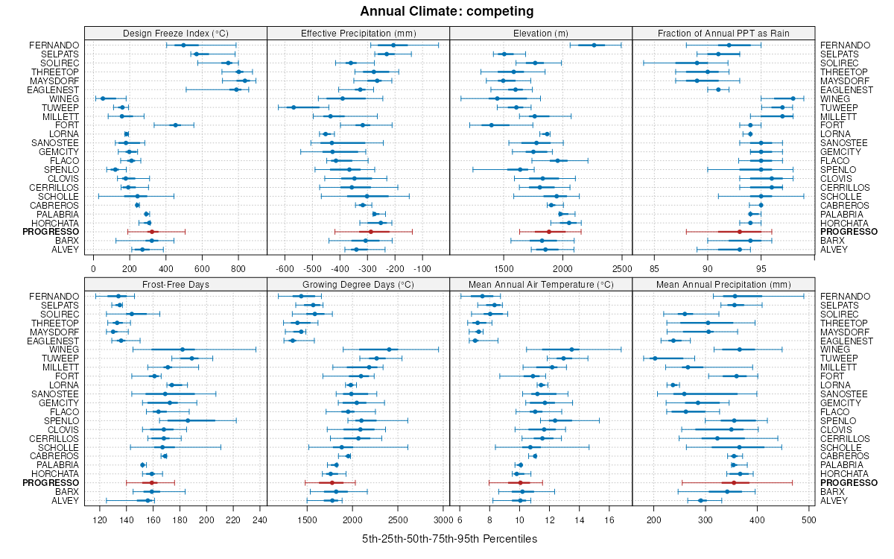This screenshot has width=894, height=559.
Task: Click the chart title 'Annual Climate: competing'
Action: (x=446, y=11)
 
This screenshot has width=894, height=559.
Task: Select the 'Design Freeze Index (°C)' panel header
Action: (x=175, y=33)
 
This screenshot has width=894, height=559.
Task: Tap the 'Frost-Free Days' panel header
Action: (x=175, y=284)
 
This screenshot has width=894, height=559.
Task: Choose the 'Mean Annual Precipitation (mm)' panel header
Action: (x=723, y=284)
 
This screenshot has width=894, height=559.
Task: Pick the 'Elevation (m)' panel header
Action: (x=541, y=33)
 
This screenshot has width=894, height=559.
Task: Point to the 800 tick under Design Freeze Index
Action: (x=238, y=268)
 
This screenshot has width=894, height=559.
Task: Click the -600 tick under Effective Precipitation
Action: (x=285, y=268)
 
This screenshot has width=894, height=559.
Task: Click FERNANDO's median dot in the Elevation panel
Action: (x=594, y=45)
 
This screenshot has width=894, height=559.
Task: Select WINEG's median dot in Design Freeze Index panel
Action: (x=103, y=98)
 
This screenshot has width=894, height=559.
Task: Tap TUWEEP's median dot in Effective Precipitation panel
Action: (x=294, y=107)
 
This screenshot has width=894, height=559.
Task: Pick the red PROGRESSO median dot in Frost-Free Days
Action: (x=154, y=483)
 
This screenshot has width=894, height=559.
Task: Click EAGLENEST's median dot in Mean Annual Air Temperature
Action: (x=475, y=341)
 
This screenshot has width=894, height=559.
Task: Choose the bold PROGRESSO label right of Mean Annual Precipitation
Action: (x=849, y=483)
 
